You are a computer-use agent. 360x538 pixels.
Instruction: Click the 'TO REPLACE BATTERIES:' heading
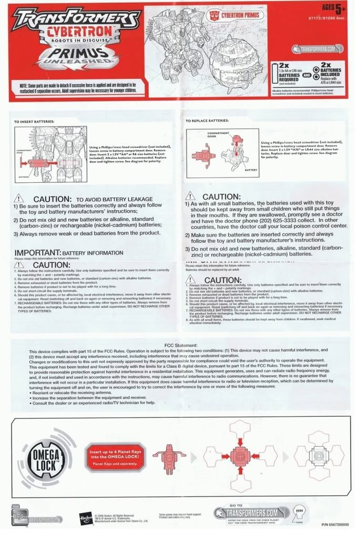[x=207, y=120]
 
